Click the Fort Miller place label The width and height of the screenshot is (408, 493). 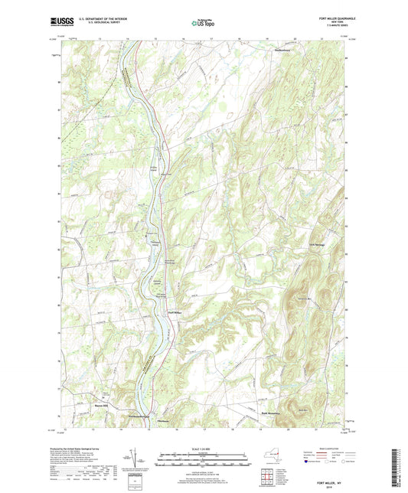tap(174, 312)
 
